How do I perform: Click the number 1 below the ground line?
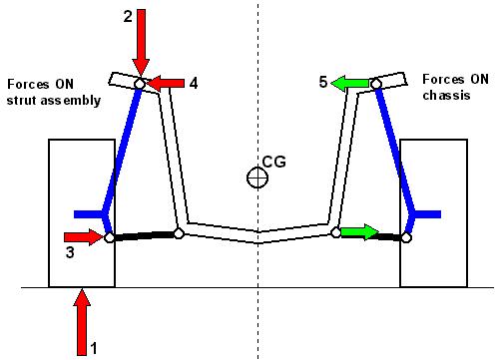[94, 349]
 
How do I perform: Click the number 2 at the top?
[126, 17]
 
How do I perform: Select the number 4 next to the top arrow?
[193, 83]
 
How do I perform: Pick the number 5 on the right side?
[323, 83]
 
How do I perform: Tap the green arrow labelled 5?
[350, 84]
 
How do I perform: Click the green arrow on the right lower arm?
[360, 233]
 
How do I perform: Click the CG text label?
[272, 159]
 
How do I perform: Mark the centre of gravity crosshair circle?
[258, 178]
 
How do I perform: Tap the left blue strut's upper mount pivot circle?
[140, 85]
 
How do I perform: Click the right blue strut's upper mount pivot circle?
[377, 85]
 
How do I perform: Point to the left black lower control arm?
[143, 235]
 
